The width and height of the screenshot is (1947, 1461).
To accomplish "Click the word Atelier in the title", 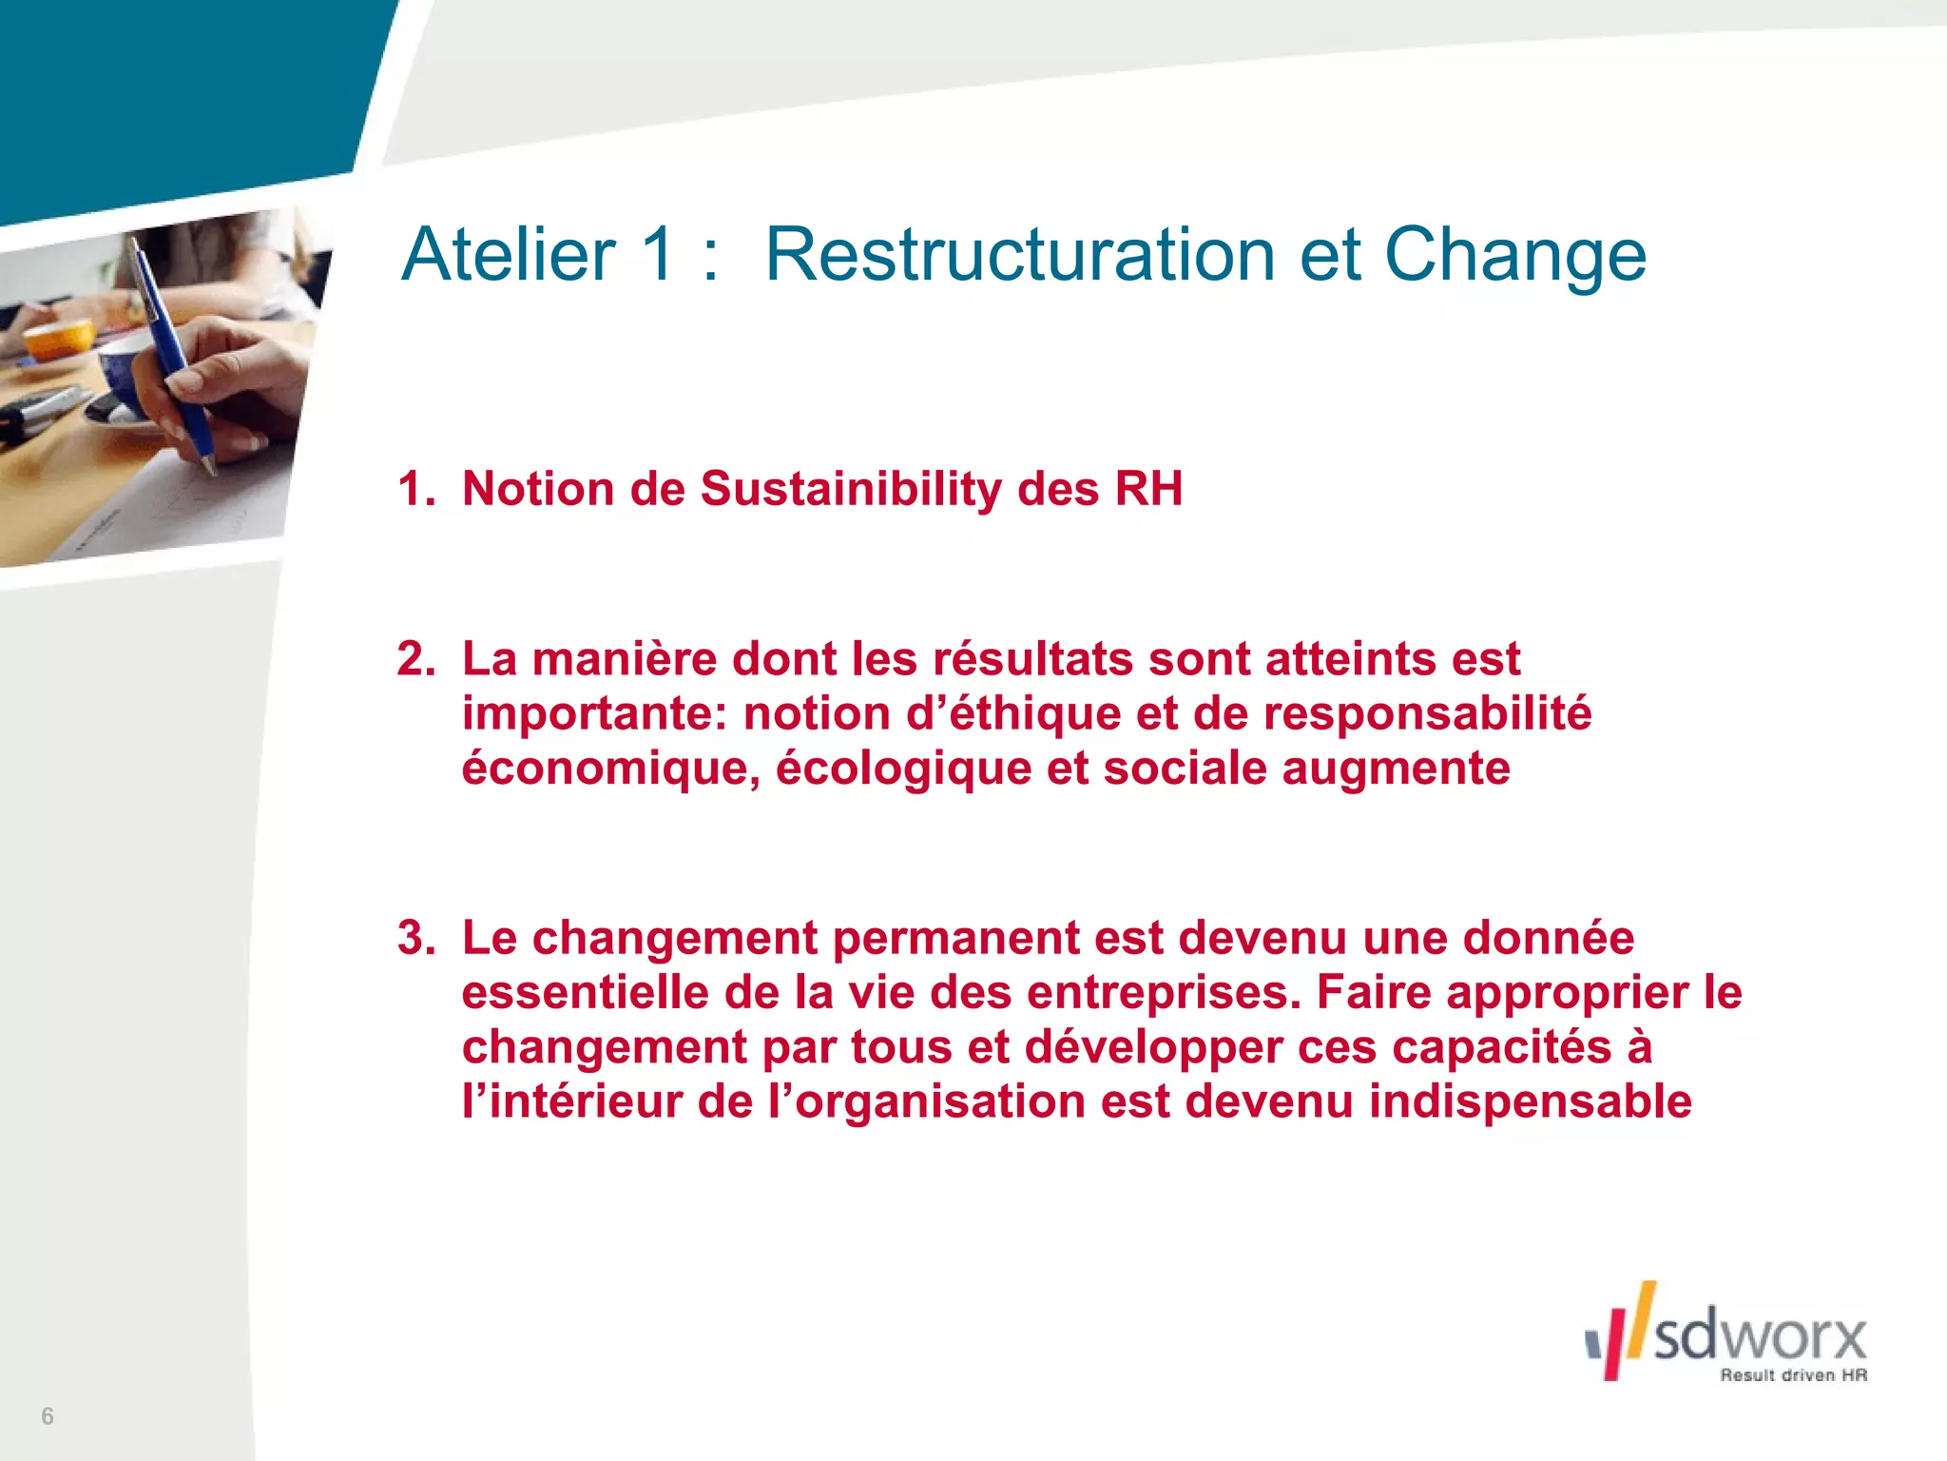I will pyautogui.click(x=509, y=255).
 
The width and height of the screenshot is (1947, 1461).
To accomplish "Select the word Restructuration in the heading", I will pyautogui.click(x=1019, y=255).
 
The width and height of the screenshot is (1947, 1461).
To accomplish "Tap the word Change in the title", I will pyautogui.click(x=1514, y=257).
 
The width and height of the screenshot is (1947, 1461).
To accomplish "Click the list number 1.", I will pyautogui.click(x=415, y=489).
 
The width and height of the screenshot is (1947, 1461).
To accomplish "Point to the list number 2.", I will pyautogui.click(x=415, y=658).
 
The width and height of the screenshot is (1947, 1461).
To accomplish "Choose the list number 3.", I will pyautogui.click(x=415, y=938).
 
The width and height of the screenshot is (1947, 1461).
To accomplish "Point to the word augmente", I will pyautogui.click(x=1396, y=769).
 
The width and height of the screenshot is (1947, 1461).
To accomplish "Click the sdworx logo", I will pyautogui.click(x=1726, y=1332).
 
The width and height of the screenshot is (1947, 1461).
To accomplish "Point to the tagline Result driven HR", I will pyautogui.click(x=1793, y=1375).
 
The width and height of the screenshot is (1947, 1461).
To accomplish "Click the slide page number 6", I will pyautogui.click(x=48, y=1416).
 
